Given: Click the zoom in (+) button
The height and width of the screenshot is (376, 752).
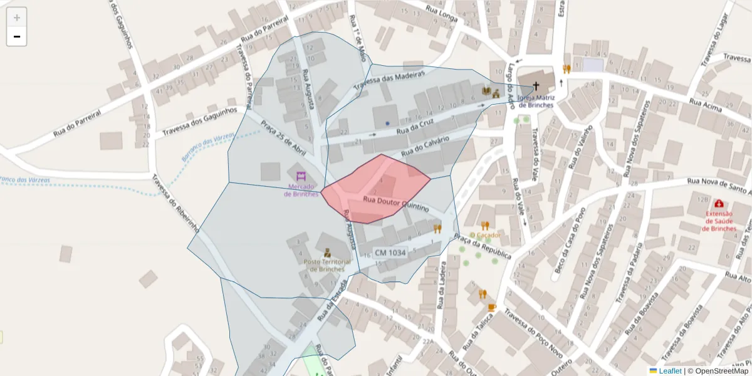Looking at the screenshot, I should pyautogui.click(x=17, y=18).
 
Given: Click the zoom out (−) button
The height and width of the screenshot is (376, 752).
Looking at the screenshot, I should pyautogui.click(x=17, y=36).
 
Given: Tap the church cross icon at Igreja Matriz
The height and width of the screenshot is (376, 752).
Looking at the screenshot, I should pyautogui.click(x=536, y=86).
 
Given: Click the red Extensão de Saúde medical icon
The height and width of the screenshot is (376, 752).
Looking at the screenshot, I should pyautogui.click(x=718, y=204).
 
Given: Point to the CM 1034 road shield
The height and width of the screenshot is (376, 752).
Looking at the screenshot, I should pyautogui.click(x=390, y=253).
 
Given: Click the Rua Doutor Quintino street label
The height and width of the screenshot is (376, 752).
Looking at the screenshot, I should pyautogui.click(x=396, y=203).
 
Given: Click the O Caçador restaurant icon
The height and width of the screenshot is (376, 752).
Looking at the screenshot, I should pyautogui.click(x=485, y=226).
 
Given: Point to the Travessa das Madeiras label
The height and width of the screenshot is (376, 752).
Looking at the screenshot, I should pyautogui.click(x=390, y=80).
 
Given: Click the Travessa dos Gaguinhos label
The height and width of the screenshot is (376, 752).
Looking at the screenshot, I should pyautogui.click(x=200, y=122).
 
